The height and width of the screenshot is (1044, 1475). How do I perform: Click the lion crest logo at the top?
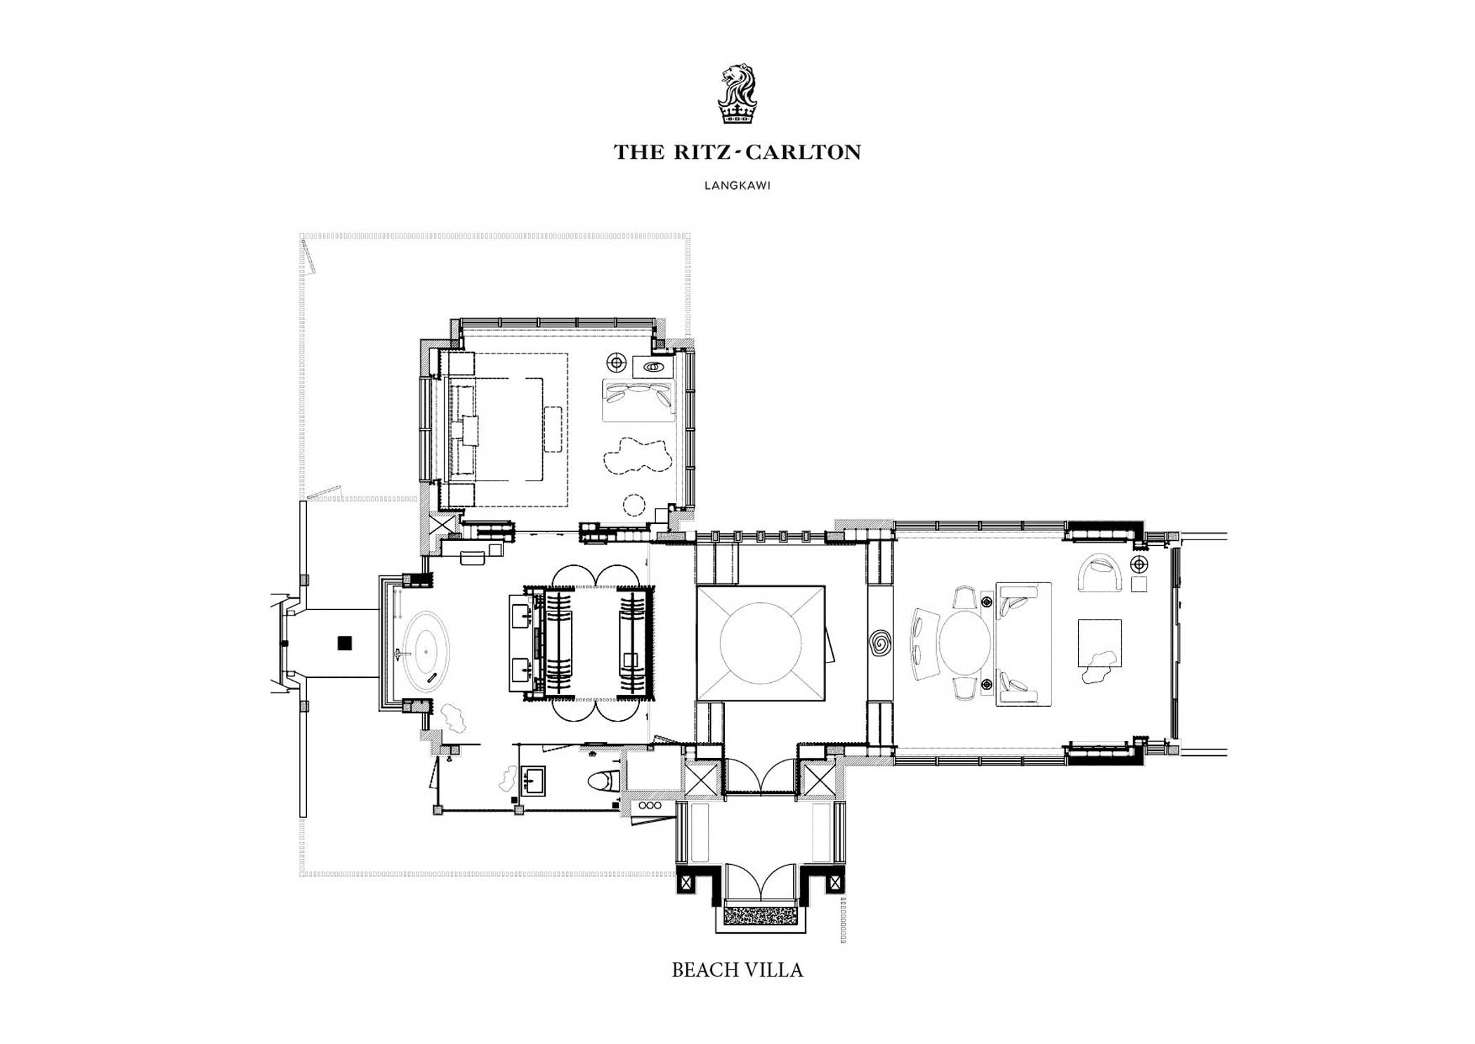[737, 94]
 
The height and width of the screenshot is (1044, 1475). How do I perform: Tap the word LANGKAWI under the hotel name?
[737, 186]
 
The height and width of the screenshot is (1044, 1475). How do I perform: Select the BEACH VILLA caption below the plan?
[737, 970]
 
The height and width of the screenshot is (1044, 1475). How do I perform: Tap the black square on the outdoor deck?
[344, 642]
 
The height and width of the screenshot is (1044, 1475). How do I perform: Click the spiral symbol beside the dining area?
[879, 643]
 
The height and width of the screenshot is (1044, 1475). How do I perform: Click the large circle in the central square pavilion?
[760, 643]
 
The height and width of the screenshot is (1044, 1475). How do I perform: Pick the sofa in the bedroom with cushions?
[638, 400]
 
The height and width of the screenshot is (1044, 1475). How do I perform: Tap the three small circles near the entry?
[650, 805]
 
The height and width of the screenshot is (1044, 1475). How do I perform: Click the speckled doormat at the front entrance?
[760, 915]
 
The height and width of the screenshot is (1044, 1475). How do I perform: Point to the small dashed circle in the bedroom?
[634, 505]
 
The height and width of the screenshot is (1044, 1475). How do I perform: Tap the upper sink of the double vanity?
[521, 617]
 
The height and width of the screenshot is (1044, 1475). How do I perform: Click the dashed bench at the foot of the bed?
[553, 429]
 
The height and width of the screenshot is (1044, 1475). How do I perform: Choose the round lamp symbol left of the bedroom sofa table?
[617, 363]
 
